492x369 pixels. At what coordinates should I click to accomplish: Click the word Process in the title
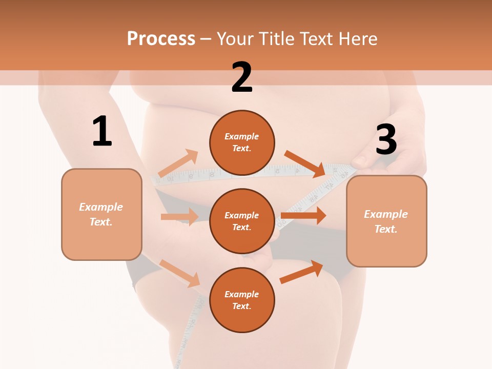coord(161,38)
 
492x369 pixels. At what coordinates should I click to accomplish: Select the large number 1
coord(102,132)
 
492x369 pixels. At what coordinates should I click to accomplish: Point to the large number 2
coord(242,77)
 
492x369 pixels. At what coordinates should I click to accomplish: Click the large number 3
coord(386,140)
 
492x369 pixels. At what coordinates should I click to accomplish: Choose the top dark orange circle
coord(242,142)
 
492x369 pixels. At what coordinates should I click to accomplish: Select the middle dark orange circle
coord(242,221)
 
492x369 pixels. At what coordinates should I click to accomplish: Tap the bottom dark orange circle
coord(242,300)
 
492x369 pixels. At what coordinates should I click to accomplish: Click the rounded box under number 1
coord(101,214)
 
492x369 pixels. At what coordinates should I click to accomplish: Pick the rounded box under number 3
coord(386,221)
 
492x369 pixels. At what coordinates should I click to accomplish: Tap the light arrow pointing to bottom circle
coord(180,273)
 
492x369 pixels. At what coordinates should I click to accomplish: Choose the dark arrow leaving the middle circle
coord(303,216)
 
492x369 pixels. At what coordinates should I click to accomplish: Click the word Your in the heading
coord(235,38)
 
